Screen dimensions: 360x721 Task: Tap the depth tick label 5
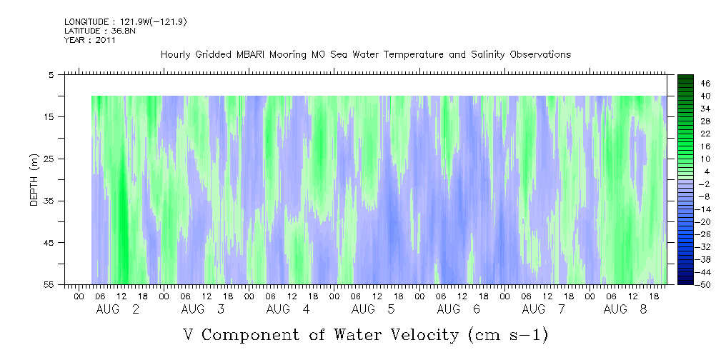(x=53, y=74)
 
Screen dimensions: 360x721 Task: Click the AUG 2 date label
(x=118, y=309)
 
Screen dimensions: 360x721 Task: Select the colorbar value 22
(x=686, y=134)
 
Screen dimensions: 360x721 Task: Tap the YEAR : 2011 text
(x=90, y=40)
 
